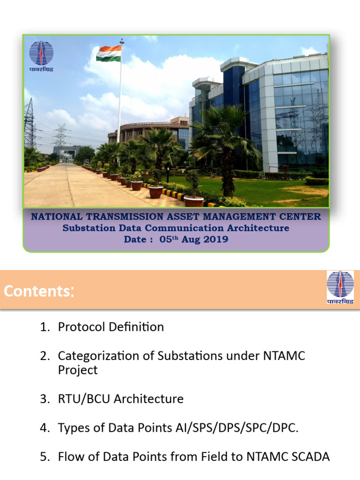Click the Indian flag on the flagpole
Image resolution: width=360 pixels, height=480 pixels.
tap(109, 53)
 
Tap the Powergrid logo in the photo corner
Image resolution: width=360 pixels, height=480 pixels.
tap(41, 56)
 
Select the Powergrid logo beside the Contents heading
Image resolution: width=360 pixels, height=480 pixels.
tap(340, 288)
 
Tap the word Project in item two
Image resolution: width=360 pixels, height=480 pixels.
tap(78, 370)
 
